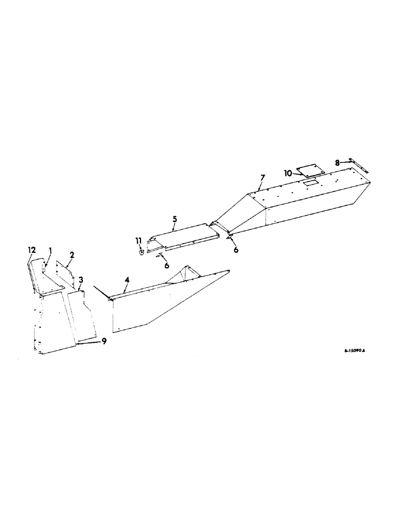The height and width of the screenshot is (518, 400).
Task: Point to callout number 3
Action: click(81, 280)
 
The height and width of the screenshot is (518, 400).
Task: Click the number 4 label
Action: click(126, 280)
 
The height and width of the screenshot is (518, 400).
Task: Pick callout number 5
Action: click(175, 220)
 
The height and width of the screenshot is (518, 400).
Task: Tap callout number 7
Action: click(262, 178)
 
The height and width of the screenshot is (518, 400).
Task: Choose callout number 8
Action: click(337, 162)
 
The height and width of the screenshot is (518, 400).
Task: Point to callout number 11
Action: click(138, 240)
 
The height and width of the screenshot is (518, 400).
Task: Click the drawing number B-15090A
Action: click(355, 351)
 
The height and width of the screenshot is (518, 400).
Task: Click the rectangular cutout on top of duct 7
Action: click(310, 183)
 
